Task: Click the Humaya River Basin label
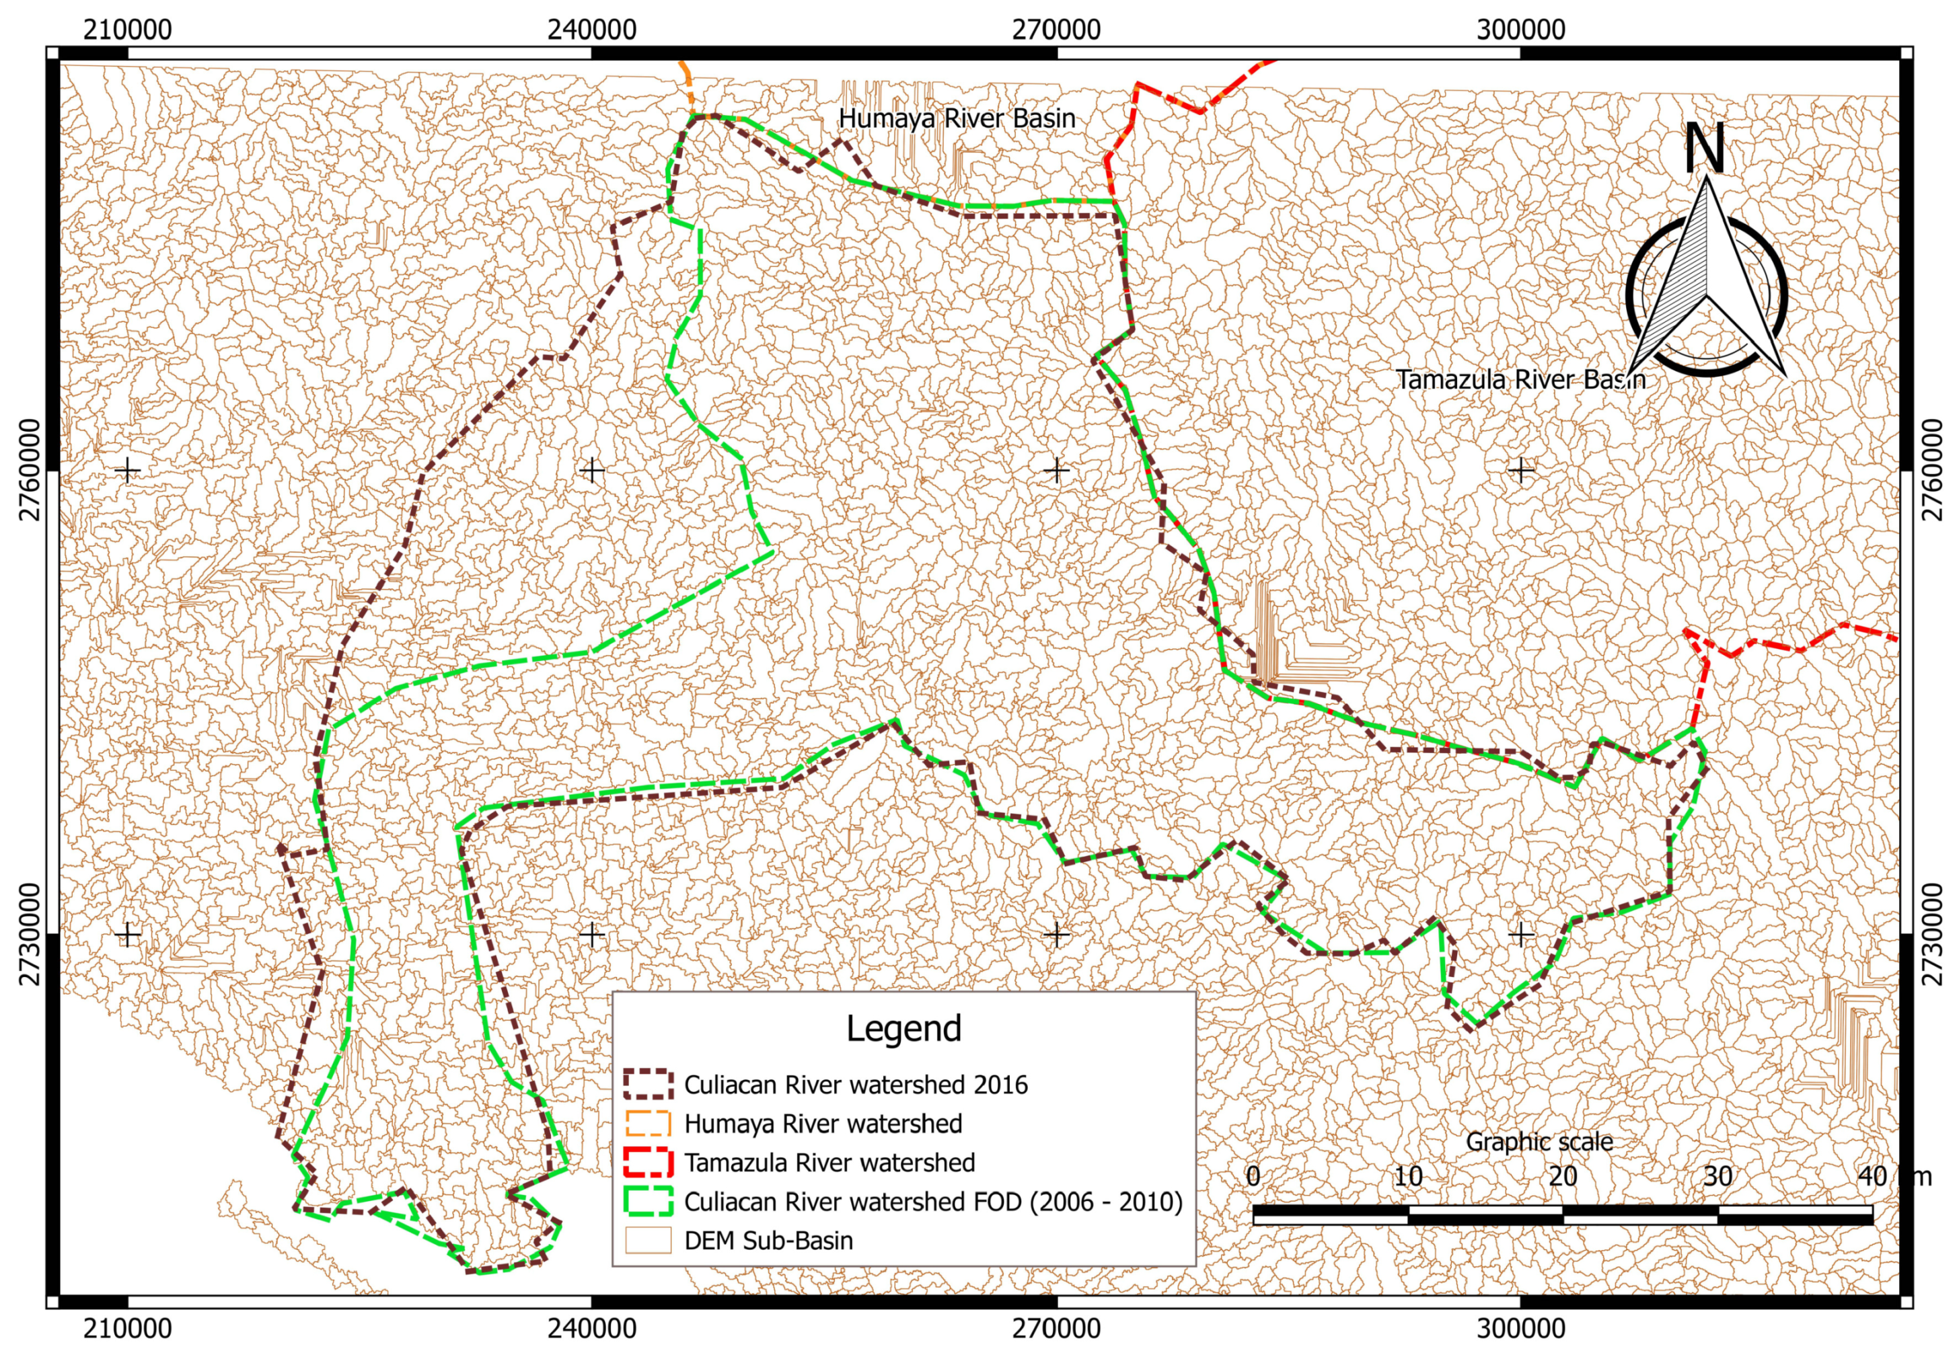(957, 118)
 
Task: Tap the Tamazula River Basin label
(1520, 380)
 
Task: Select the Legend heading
(903, 1029)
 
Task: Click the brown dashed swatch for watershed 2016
(647, 1085)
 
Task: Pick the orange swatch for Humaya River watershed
(647, 1124)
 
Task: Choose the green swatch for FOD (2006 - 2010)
(647, 1202)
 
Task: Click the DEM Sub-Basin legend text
(768, 1241)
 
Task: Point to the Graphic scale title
(1539, 1142)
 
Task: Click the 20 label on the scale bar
(1562, 1177)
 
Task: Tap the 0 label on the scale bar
(1253, 1177)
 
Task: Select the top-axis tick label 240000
(591, 30)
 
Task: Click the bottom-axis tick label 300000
(1520, 1328)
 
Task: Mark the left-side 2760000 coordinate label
(31, 469)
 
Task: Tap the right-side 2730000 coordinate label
(1933, 934)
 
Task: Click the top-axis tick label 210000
(127, 30)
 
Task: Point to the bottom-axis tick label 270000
(1056, 1328)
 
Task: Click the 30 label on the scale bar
(1717, 1177)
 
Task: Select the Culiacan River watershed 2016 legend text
(855, 1085)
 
